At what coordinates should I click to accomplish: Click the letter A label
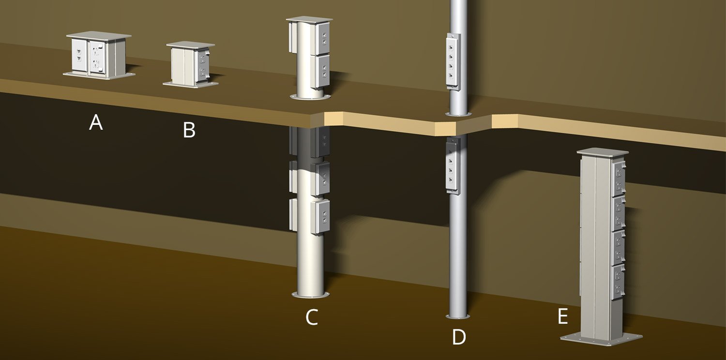pyautogui.click(x=96, y=123)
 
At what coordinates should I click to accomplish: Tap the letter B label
pyautogui.click(x=189, y=130)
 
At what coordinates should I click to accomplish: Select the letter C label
pyautogui.click(x=312, y=317)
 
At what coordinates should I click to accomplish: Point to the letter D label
pyautogui.click(x=458, y=337)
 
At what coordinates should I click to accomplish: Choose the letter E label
pyautogui.click(x=562, y=316)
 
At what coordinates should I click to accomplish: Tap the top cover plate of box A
pyautogui.click(x=99, y=36)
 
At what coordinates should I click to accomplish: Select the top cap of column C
pyautogui.click(x=309, y=20)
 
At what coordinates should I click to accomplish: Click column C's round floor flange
pyautogui.click(x=311, y=295)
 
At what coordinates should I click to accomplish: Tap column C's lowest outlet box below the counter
pyautogui.click(x=319, y=216)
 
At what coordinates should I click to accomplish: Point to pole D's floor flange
pyautogui.click(x=458, y=317)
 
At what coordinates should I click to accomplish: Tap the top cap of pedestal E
pyautogui.click(x=602, y=151)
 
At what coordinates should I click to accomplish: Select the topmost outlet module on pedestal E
pyautogui.click(x=619, y=178)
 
